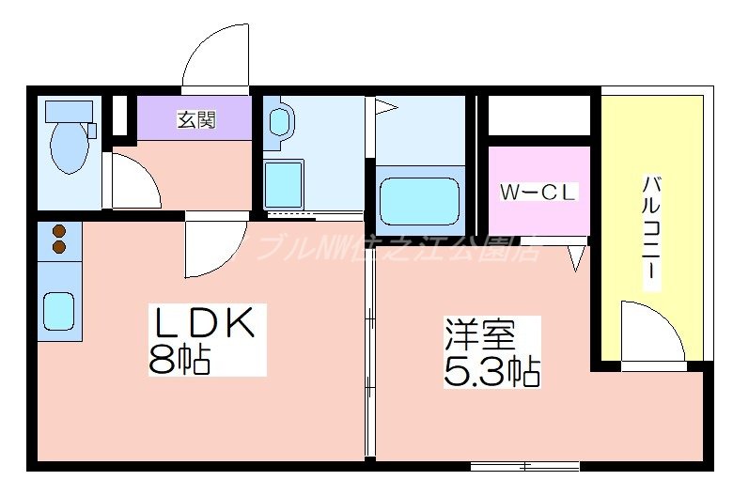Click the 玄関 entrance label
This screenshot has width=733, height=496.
coord(196,119)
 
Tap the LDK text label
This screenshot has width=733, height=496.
coord(204,325)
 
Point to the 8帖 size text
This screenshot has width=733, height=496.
coord(179,359)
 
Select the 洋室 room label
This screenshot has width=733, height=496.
coord(479,334)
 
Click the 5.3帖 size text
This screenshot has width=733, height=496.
coord(491,371)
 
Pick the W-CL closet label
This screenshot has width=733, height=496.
coord(538,194)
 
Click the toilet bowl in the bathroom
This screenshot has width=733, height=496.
coord(69,146)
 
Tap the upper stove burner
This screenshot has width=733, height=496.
coord(59,231)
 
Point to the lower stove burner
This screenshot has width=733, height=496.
coord(59,247)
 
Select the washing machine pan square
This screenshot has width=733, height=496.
coord(284,183)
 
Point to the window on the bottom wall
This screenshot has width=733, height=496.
coord(524,465)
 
